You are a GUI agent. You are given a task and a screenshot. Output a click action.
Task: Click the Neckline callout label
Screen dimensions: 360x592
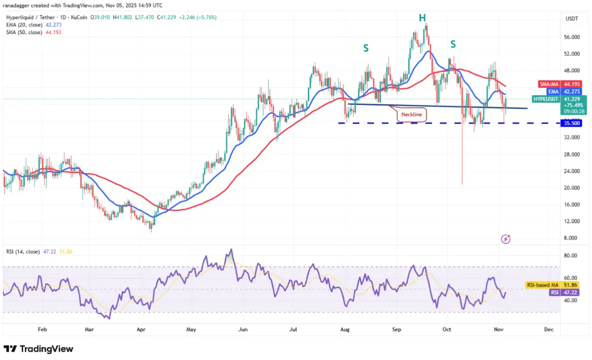412,114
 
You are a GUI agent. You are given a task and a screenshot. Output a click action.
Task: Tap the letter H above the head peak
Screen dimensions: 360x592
423,18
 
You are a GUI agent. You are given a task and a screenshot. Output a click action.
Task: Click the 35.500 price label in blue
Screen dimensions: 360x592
571,123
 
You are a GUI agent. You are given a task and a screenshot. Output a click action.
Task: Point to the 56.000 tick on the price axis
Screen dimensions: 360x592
571,37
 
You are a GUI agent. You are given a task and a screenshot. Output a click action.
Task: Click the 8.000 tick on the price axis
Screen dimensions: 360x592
571,238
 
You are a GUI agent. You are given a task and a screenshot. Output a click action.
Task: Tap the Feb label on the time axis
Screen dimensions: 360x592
42,328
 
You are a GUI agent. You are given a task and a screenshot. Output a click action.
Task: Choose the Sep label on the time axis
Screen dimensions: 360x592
396,328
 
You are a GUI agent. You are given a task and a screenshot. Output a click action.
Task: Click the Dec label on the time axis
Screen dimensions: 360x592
549,328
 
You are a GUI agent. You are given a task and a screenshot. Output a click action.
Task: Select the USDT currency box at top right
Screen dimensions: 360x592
572,19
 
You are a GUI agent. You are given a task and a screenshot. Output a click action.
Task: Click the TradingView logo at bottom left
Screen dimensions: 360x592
39,349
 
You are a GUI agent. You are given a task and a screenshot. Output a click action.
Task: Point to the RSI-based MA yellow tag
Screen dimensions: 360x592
544,285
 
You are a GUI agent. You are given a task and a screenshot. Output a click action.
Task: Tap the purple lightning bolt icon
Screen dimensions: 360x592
506,239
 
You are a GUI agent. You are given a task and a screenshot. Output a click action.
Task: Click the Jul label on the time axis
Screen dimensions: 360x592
294,328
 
